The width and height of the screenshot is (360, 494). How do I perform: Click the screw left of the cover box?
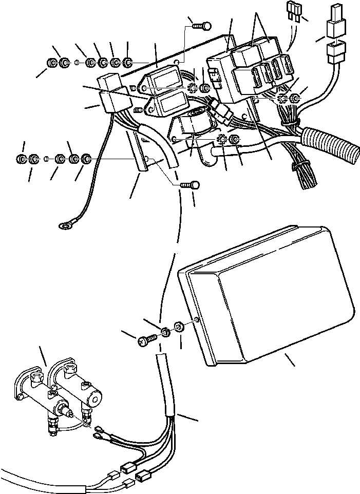(147, 339)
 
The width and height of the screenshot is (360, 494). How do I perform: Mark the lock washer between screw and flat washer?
(165, 332)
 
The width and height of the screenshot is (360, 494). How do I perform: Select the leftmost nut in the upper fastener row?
(52, 63)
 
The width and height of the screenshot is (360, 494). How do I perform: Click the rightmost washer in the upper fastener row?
(128, 63)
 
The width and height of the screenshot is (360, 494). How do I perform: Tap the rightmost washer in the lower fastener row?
(86, 158)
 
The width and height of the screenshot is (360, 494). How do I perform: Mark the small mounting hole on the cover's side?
(198, 322)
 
